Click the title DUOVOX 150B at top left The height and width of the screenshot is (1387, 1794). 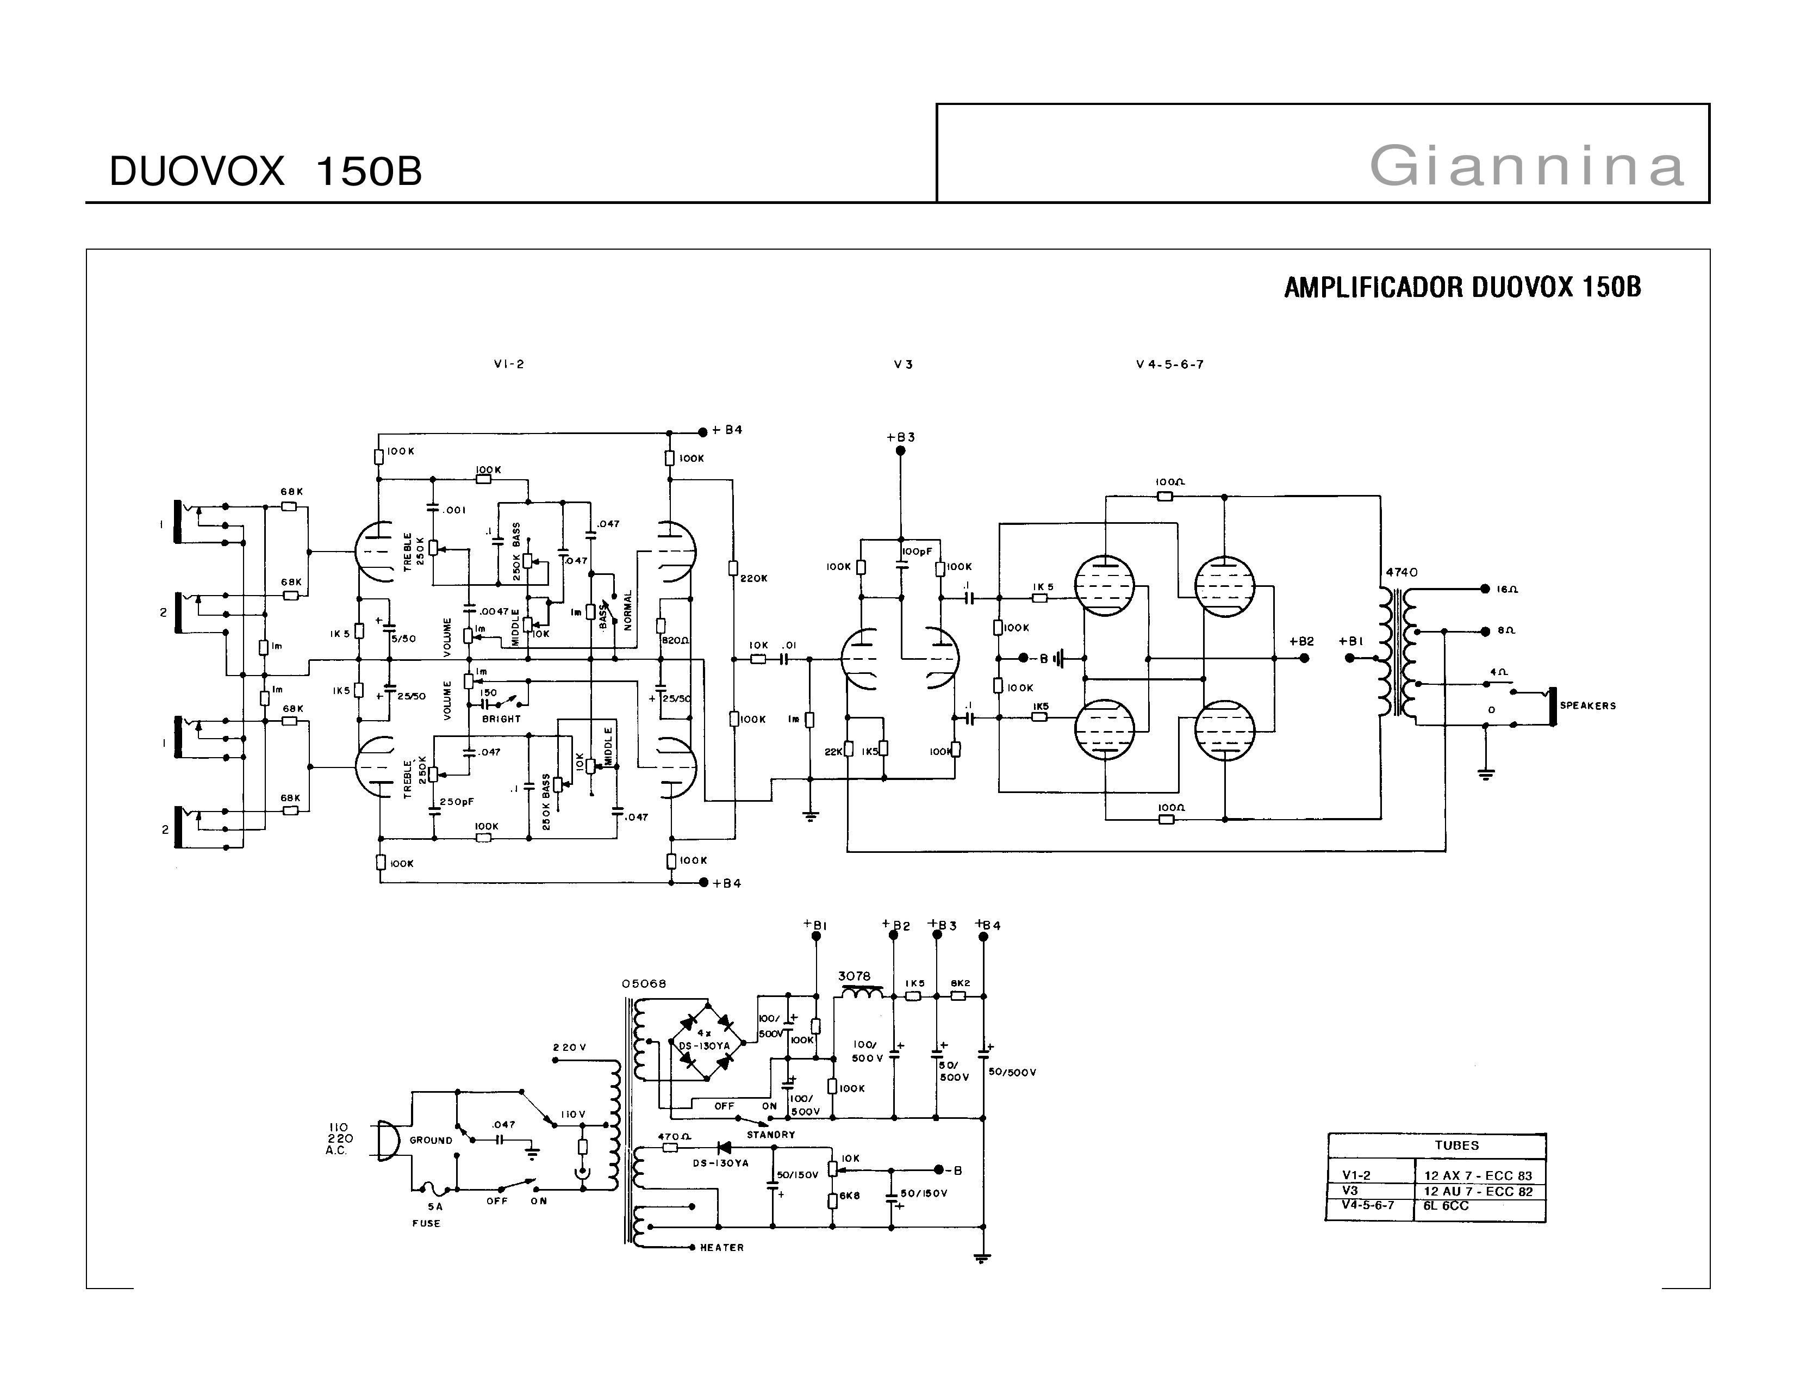(x=265, y=172)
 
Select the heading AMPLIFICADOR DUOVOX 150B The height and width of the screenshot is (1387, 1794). (x=1462, y=288)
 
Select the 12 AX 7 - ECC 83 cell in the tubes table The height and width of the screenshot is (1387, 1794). (x=1478, y=1176)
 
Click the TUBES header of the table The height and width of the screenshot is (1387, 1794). (x=1456, y=1145)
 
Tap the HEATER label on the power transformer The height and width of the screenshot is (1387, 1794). (x=721, y=1247)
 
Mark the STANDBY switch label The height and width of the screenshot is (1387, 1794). (x=770, y=1135)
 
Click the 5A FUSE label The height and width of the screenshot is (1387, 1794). (x=426, y=1215)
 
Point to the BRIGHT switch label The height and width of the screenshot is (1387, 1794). (x=501, y=719)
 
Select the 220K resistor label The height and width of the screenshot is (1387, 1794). (x=753, y=579)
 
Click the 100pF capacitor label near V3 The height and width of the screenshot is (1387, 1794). (x=917, y=552)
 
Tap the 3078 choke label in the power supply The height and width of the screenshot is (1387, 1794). (x=854, y=976)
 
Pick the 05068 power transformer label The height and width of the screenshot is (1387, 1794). (x=644, y=983)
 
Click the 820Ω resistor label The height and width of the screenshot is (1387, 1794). (x=675, y=640)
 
